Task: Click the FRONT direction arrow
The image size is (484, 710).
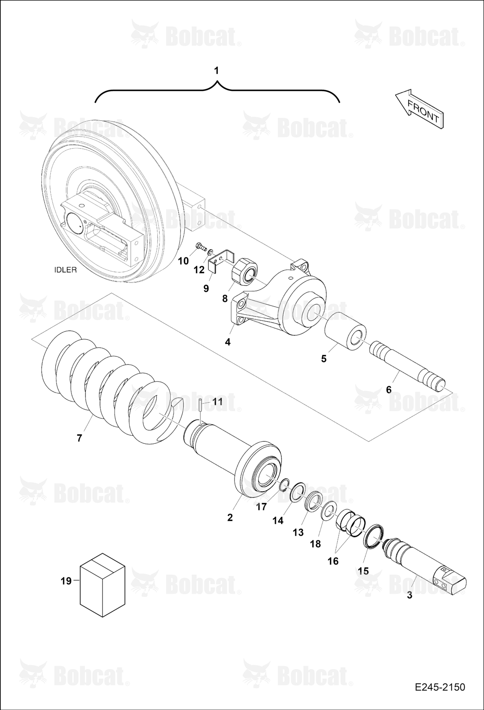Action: [419, 109]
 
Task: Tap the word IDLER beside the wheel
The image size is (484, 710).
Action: [65, 270]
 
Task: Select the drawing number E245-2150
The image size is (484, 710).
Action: [440, 687]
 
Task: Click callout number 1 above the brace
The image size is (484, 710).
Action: [216, 71]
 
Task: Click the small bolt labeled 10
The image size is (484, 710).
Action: [202, 246]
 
